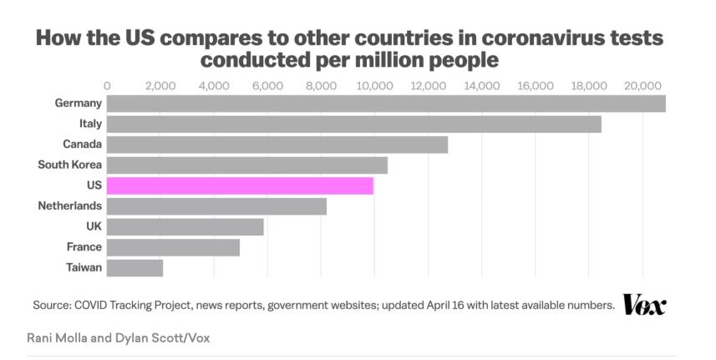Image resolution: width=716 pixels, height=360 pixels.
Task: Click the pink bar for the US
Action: point(241,185)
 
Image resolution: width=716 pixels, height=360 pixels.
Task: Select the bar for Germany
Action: point(386,104)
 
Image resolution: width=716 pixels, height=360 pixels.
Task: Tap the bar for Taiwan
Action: point(135,267)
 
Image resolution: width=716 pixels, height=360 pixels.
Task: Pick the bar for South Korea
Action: point(247,165)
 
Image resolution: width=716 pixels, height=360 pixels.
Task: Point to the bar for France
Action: point(174,247)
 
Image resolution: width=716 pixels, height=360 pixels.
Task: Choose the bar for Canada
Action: point(277,145)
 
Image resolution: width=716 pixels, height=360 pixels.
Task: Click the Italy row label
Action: point(90,124)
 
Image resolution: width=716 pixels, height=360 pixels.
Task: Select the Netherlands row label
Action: point(70,205)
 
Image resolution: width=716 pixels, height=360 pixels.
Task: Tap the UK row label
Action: point(93,226)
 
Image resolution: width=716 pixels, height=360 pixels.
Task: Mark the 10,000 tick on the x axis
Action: point(374,85)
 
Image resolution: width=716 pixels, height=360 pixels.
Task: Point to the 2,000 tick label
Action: point(160,85)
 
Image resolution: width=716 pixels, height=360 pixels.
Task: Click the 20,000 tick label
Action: point(642,85)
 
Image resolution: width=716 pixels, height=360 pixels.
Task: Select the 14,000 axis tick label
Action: point(482,85)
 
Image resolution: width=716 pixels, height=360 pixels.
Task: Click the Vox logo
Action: point(644,305)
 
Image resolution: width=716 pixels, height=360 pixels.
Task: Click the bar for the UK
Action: point(185,226)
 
